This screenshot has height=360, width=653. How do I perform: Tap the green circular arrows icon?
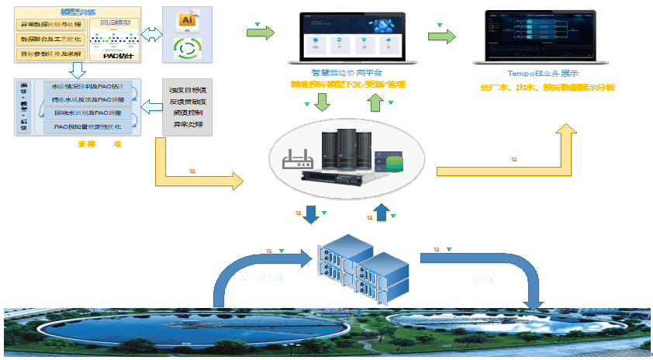pos(185,47)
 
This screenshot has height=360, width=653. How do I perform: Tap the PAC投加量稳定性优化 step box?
pos(87,126)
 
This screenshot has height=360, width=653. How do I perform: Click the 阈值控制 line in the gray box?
pos(187,111)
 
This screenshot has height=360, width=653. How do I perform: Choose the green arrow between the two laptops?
pos(441,36)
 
